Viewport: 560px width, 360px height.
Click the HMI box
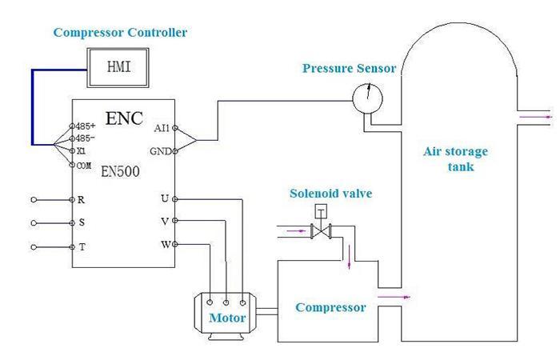(x=120, y=68)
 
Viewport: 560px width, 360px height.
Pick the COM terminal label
(x=84, y=165)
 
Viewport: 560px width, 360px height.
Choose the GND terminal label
(x=160, y=150)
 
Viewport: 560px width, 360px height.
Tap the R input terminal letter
(x=82, y=199)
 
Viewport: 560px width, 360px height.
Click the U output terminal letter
(x=165, y=198)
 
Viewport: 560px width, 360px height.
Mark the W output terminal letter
(x=164, y=244)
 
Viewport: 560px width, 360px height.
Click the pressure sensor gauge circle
(x=367, y=97)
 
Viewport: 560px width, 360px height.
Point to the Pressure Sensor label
(x=349, y=69)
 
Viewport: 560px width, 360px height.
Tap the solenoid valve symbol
(x=320, y=230)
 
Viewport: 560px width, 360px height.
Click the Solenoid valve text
(x=331, y=194)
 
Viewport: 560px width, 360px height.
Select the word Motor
(x=227, y=318)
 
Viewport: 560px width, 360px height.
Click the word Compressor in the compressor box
(x=330, y=307)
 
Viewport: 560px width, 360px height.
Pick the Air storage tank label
(x=455, y=159)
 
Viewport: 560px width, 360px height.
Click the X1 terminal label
(x=82, y=150)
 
